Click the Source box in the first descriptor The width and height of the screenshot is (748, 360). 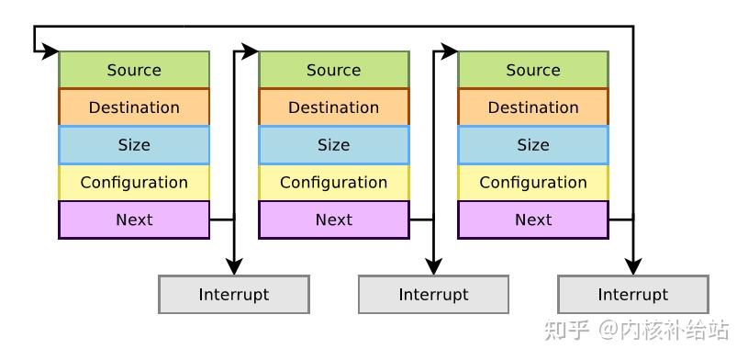(134, 70)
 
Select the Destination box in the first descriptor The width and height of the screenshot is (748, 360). (134, 107)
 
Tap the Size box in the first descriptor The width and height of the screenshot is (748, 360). (134, 145)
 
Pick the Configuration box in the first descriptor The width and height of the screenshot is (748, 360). (134, 182)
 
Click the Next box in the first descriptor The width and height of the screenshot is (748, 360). (134, 219)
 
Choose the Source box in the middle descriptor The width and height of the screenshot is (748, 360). (333, 70)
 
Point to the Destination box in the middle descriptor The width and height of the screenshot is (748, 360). (333, 107)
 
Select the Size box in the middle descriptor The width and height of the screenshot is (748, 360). (333, 145)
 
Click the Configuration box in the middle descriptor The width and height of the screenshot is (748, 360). (333, 182)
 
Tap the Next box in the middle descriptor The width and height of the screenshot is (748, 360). (333, 219)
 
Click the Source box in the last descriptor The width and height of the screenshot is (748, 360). (532, 70)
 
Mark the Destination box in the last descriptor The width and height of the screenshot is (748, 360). (532, 107)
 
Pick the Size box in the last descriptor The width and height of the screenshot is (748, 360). (532, 145)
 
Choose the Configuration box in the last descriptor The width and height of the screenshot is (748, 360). (532, 182)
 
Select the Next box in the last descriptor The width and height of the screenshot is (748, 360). (532, 219)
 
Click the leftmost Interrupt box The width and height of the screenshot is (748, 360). (233, 295)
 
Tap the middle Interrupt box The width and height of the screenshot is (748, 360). (433, 295)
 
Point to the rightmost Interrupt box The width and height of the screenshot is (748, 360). (632, 295)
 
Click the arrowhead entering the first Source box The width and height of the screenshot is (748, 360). (52, 51)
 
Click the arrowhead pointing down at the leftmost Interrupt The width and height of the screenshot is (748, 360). (234, 268)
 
